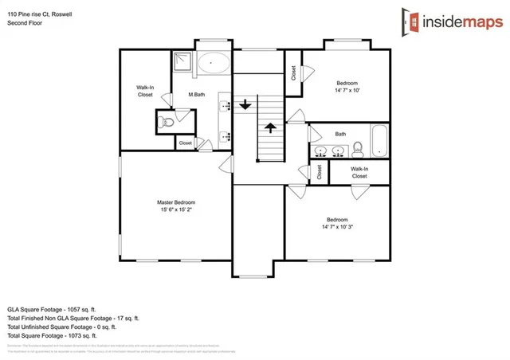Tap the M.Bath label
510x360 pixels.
(198, 95)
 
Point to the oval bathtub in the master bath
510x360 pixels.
(213, 63)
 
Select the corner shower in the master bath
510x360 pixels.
(182, 61)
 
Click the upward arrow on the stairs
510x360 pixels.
(270, 126)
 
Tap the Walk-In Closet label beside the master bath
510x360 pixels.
(144, 91)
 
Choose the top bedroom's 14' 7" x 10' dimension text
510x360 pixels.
(347, 91)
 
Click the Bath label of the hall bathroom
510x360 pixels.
(340, 134)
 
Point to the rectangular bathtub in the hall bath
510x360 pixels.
(379, 141)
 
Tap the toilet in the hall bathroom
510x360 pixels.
(358, 148)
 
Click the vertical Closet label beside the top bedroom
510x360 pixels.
(293, 73)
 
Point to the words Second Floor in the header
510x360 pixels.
(25, 24)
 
